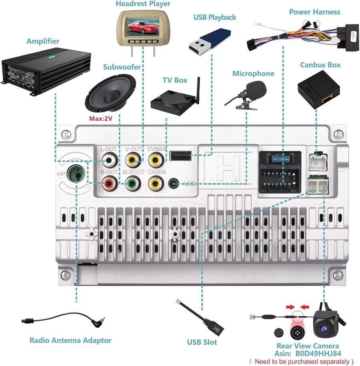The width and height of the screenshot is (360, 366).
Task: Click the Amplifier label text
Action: [x=43, y=41]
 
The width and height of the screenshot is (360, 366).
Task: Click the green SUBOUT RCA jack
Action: [x=132, y=183]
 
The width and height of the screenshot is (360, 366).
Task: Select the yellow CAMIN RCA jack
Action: [x=155, y=183]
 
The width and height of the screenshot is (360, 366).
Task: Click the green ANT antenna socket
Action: [x=75, y=174]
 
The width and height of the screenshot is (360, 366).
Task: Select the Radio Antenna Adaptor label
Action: [x=70, y=340]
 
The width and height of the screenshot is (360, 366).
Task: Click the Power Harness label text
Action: [x=314, y=12]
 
